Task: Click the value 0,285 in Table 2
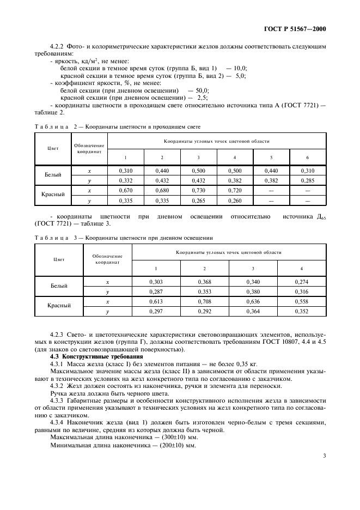click(307, 180)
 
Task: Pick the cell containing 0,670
click(126, 190)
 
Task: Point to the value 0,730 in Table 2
click(199, 190)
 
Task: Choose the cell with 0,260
click(235, 200)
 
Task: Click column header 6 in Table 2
click(307, 157)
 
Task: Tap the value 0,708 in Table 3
click(205, 301)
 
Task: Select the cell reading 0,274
click(302, 282)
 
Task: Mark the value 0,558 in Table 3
click(302, 301)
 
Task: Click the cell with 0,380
click(253, 292)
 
